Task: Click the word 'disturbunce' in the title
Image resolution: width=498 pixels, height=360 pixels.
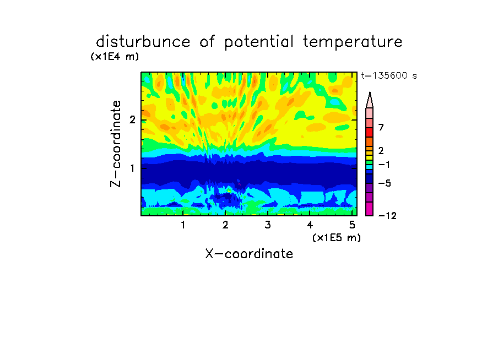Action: click(x=143, y=42)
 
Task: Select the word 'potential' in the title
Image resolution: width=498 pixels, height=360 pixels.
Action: click(x=259, y=42)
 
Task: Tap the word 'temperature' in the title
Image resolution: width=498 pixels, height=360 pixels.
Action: click(x=353, y=42)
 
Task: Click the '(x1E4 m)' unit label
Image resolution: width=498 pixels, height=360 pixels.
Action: click(x=115, y=57)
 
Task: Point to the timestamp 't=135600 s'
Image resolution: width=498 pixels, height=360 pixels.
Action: click(x=389, y=75)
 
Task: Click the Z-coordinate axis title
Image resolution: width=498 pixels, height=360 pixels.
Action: click(x=116, y=144)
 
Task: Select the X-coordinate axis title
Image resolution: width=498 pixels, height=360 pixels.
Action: click(x=249, y=254)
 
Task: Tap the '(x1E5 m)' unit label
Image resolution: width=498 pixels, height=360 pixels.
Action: click(x=337, y=237)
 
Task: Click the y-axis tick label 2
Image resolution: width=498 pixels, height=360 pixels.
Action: click(x=132, y=119)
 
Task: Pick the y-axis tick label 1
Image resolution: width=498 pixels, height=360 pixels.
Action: click(x=133, y=168)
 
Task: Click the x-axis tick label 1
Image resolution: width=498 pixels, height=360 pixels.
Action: click(x=183, y=225)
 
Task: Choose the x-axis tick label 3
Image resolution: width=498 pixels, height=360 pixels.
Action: click(x=268, y=225)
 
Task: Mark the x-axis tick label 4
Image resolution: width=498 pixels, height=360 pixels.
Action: click(x=310, y=225)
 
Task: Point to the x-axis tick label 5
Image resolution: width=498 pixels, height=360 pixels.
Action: click(x=352, y=225)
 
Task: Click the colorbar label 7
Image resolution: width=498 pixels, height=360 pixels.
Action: click(x=381, y=127)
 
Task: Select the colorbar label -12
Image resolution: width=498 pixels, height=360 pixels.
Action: click(x=387, y=216)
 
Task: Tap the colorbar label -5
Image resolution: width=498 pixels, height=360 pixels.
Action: click(x=385, y=183)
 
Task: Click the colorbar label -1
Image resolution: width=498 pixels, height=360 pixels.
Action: click(x=384, y=165)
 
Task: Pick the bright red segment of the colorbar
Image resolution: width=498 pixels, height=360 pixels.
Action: click(x=370, y=132)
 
